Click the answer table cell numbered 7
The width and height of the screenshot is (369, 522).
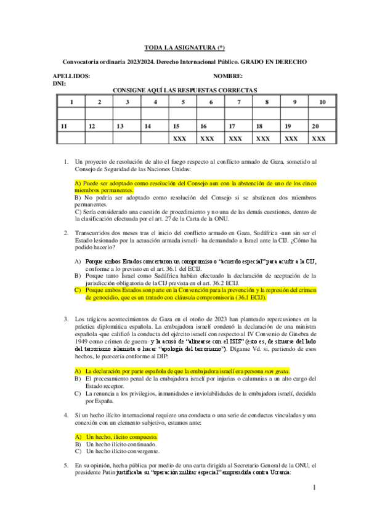[x=238, y=102]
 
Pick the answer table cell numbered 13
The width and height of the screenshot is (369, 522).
[x=120, y=126]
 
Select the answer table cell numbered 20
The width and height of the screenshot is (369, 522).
[x=315, y=126]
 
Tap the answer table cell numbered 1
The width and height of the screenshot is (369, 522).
[x=71, y=102]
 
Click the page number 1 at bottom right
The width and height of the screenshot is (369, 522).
[x=314, y=488]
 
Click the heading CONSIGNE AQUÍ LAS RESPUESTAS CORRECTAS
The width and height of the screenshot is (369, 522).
[x=184, y=90]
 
